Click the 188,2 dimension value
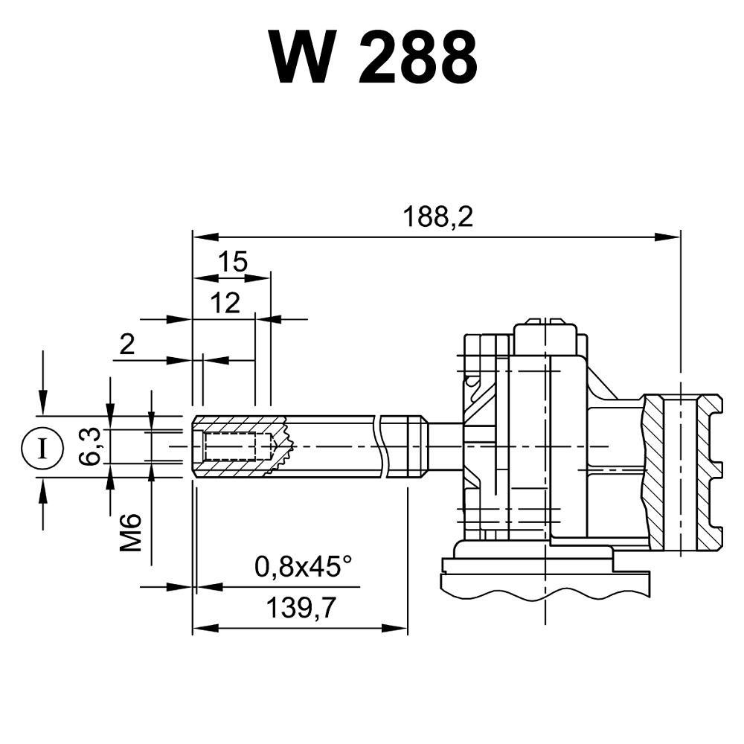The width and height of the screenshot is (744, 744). click(x=438, y=217)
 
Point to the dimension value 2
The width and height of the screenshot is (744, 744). click(x=127, y=344)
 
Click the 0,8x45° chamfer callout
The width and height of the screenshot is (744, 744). click(x=303, y=568)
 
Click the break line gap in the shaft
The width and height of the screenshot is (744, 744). click(x=383, y=446)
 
